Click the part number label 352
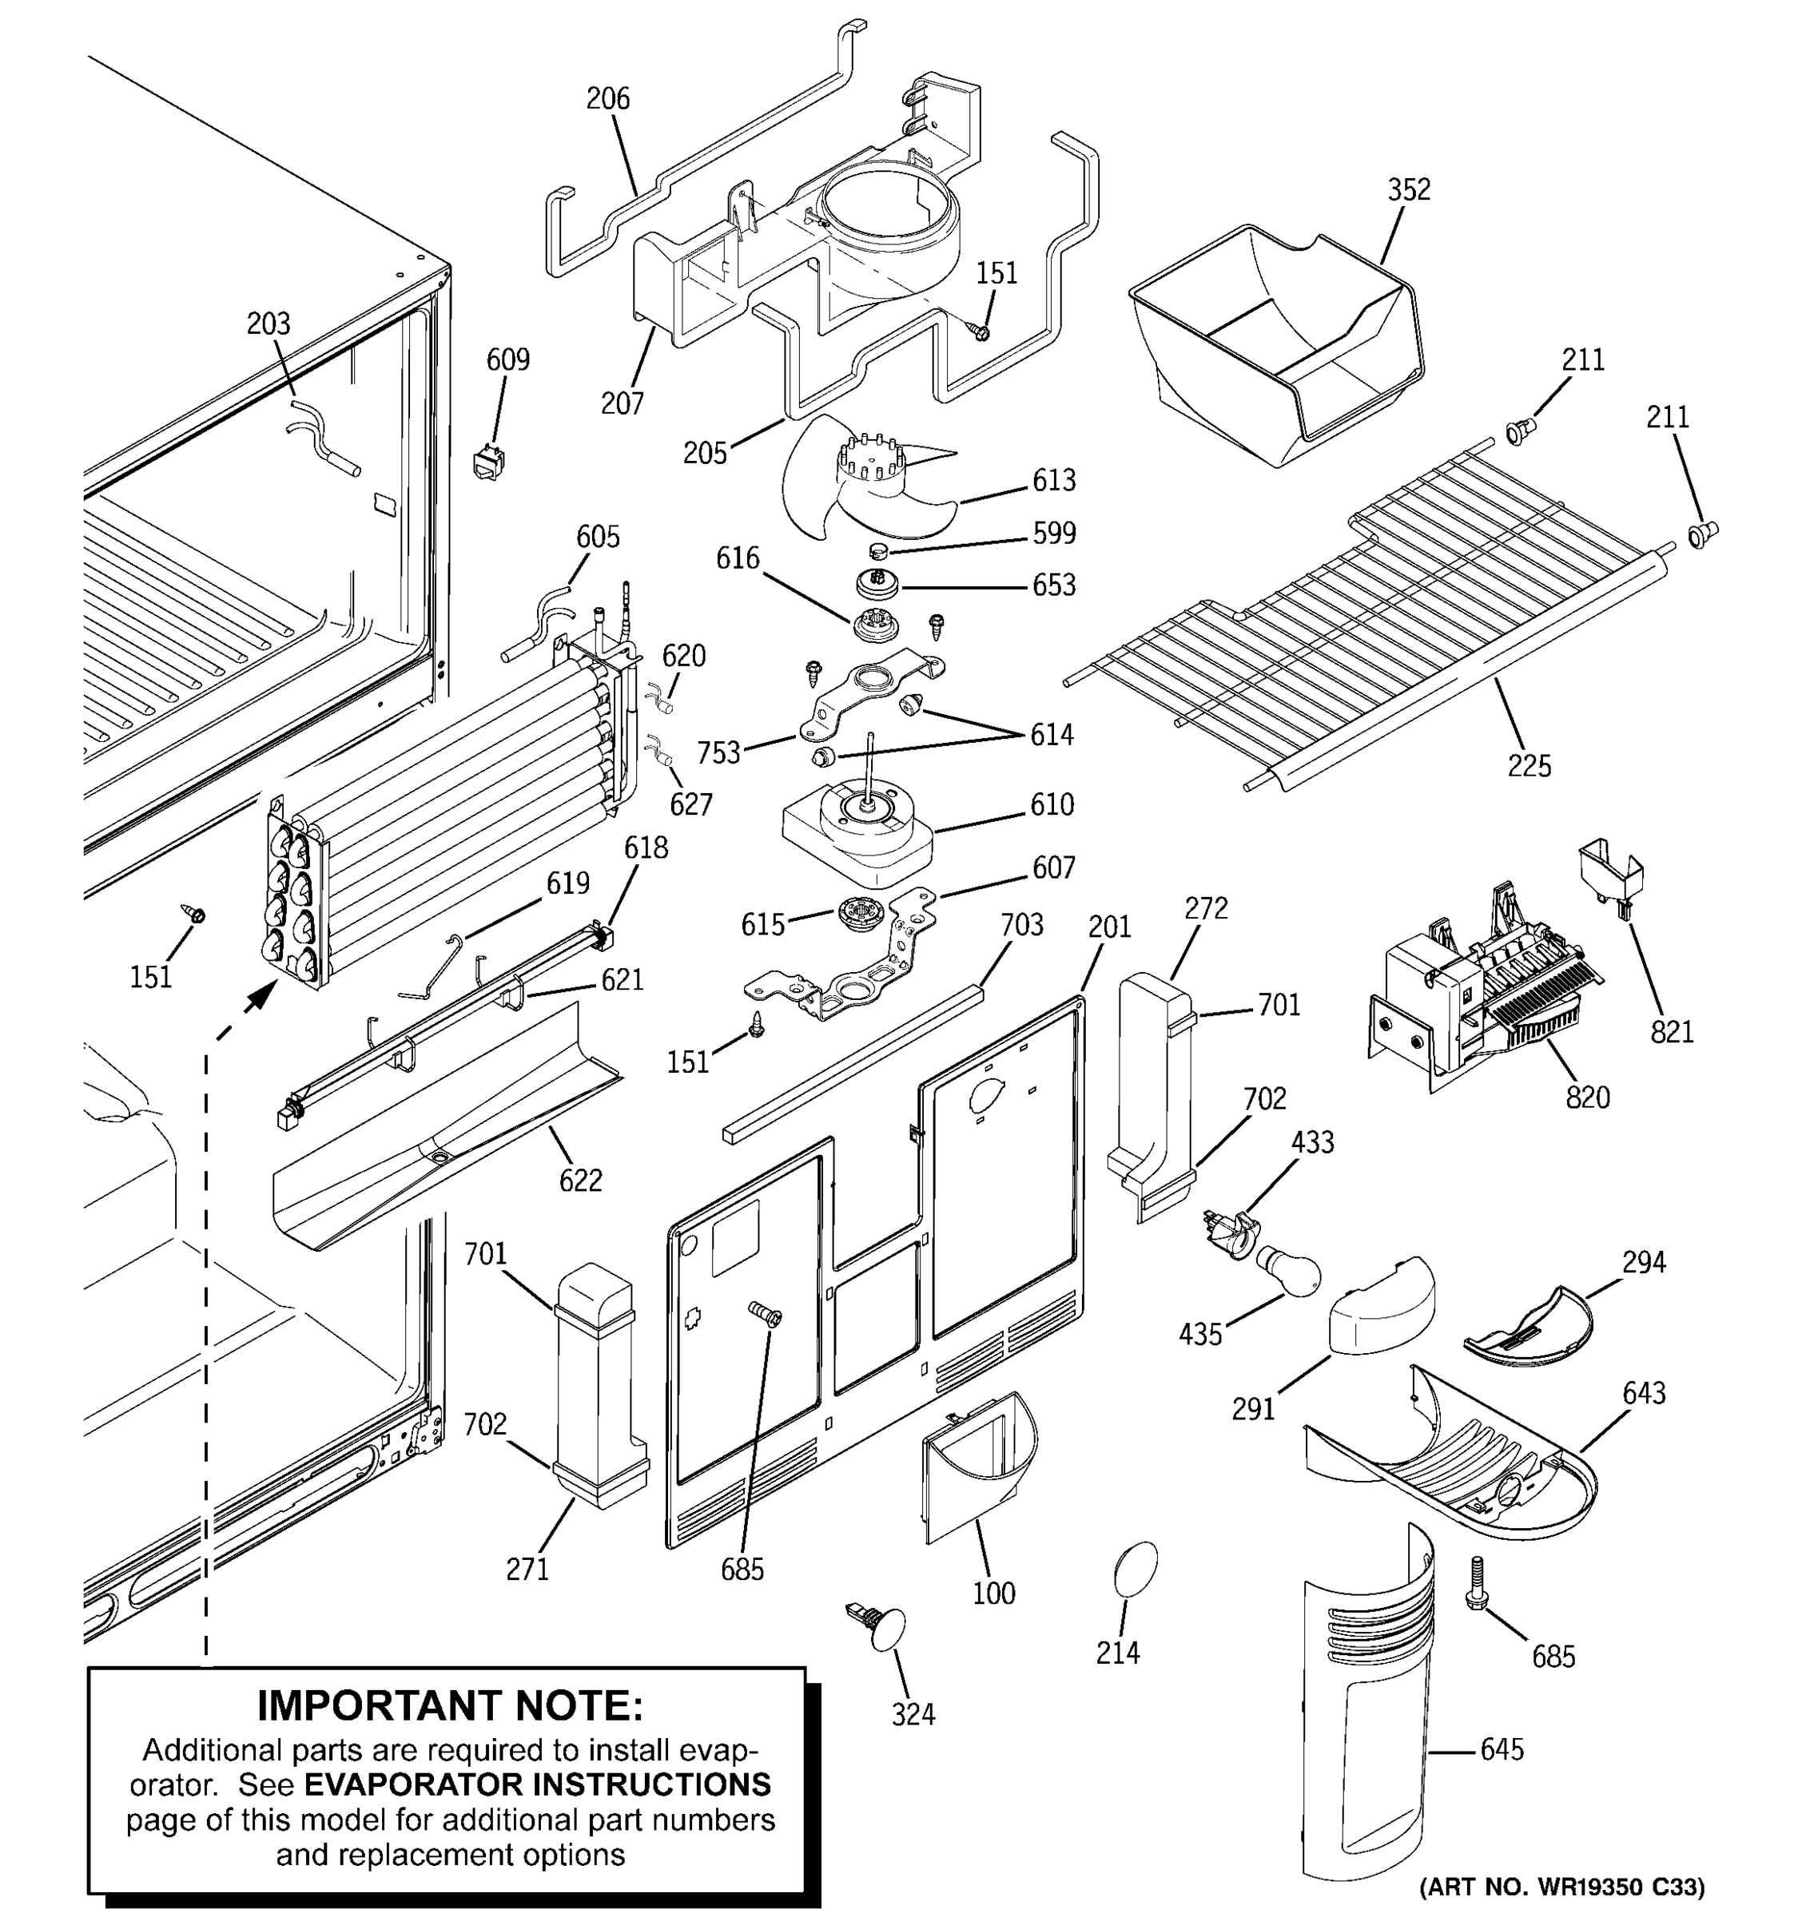[x=1408, y=190]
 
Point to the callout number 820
[x=1588, y=1097]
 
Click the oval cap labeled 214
[x=1135, y=1573]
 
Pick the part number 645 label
[x=1502, y=1750]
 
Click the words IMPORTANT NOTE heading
[x=449, y=1706]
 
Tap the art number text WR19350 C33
[x=1562, y=1886]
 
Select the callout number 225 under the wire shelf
[x=1529, y=766]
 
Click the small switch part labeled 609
[x=490, y=462]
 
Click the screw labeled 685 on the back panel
[x=766, y=1312]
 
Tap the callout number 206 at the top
[x=607, y=98]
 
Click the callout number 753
[x=718, y=752]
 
